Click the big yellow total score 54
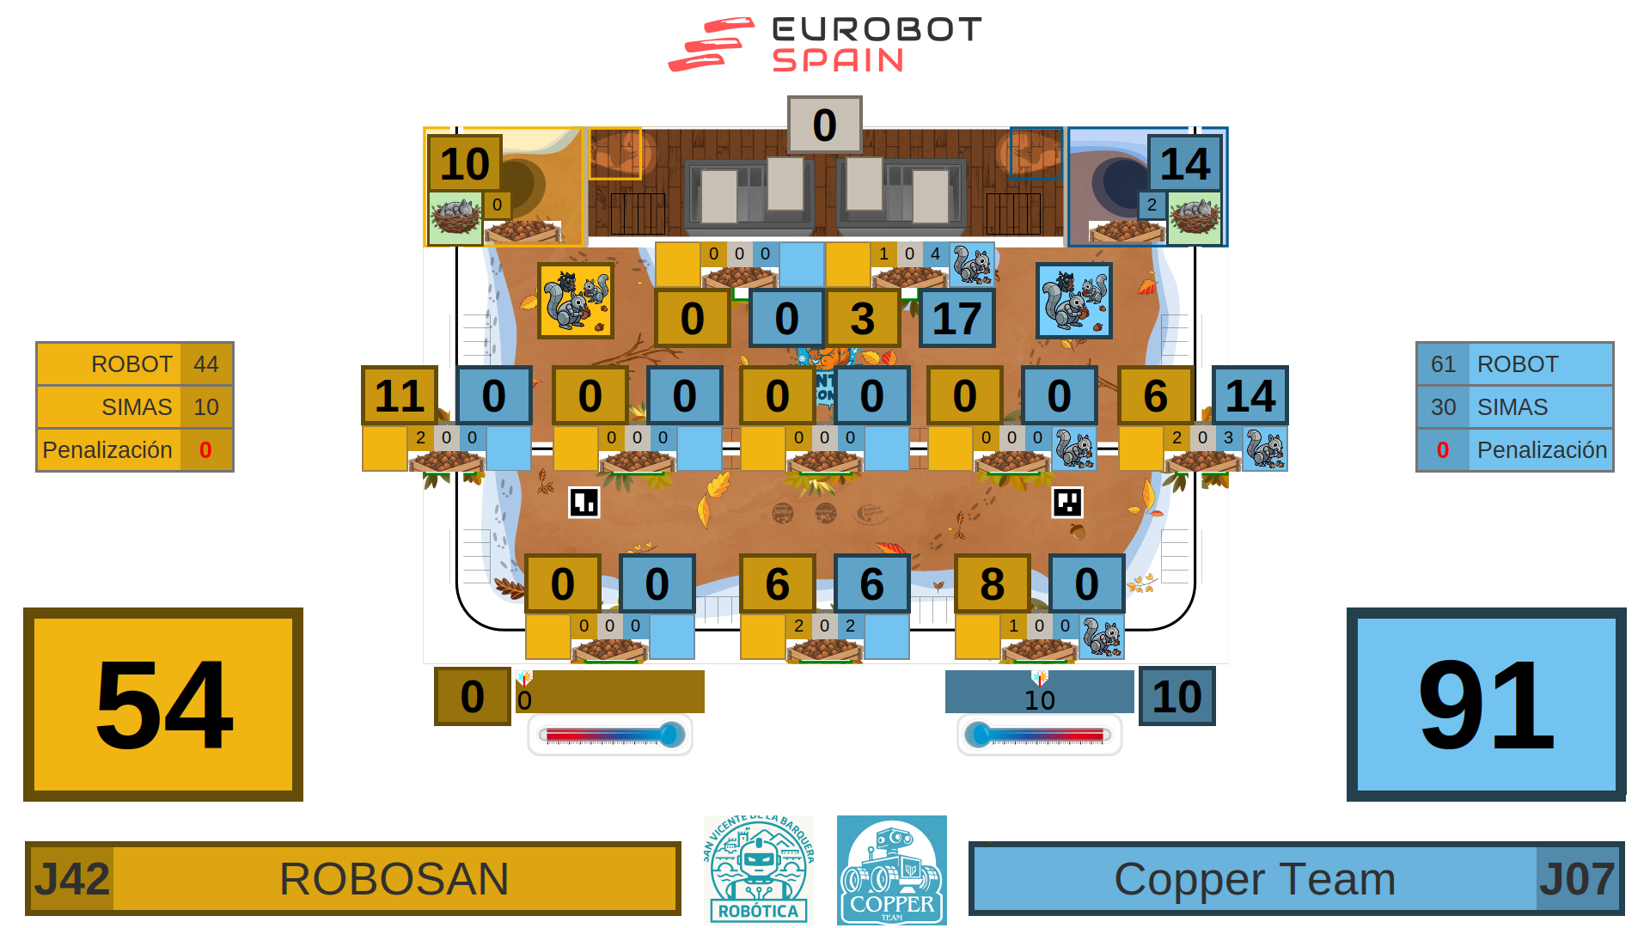click(163, 705)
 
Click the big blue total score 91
click(1486, 705)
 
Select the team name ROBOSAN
click(394, 879)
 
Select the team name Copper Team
click(1254, 879)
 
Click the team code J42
click(71, 879)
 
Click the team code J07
click(1578, 879)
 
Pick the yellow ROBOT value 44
click(206, 364)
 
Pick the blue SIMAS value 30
click(1443, 407)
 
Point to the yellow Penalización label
click(107, 450)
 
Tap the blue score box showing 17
click(956, 319)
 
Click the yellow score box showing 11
click(400, 395)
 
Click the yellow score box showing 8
click(992, 584)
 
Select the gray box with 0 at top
click(824, 125)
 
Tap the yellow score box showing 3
click(862, 319)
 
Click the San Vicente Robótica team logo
click(758, 870)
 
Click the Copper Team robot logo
click(892, 870)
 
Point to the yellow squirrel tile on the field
click(575, 301)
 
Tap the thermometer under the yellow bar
click(610, 736)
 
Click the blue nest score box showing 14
click(1184, 163)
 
